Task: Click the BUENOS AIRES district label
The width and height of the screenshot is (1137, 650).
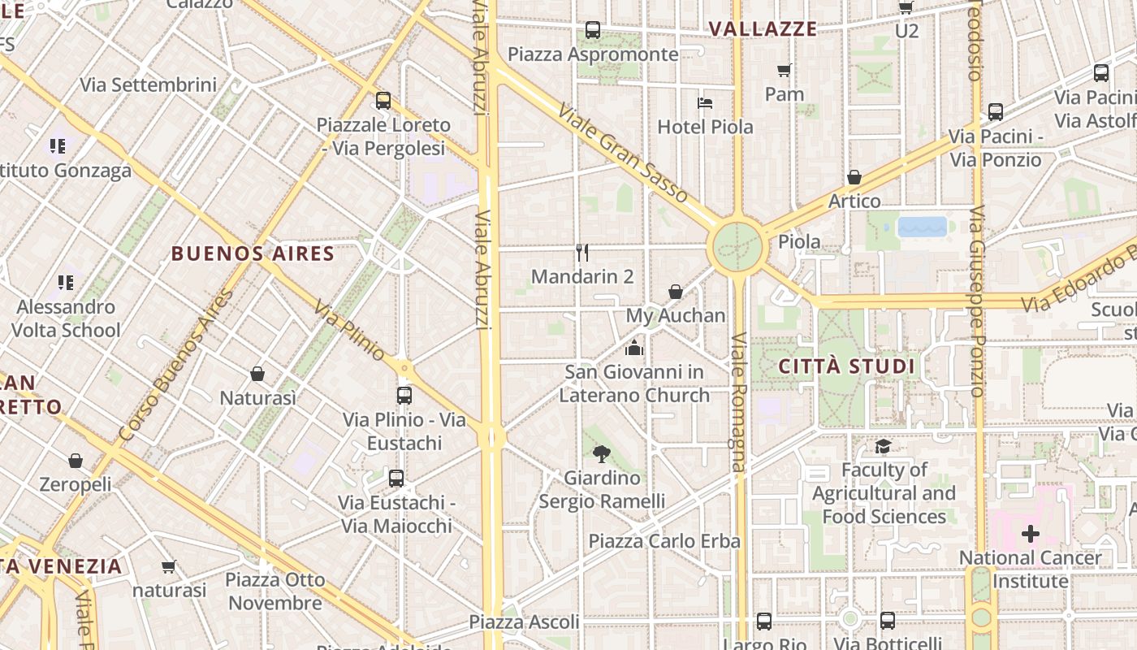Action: pos(253,253)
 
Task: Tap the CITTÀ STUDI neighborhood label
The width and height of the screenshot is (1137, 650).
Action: pos(847,366)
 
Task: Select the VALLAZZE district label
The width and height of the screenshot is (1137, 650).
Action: pos(763,29)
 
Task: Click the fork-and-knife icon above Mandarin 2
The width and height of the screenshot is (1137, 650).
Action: pos(581,253)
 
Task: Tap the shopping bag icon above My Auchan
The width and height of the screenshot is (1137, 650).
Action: pos(675,292)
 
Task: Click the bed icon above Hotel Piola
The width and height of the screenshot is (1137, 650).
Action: pos(705,103)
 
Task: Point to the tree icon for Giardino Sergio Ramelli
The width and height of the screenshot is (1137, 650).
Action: pos(602,454)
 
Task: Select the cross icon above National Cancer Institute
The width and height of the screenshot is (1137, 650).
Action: pos(1030,534)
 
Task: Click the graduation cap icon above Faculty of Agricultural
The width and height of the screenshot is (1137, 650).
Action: pos(883,446)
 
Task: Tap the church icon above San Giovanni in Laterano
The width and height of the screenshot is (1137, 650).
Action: pos(634,348)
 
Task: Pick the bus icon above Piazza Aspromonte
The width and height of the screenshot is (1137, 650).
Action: pos(593,31)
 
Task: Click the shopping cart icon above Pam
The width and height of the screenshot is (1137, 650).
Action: pos(784,71)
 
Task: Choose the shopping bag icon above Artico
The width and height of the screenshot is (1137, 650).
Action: pos(854,177)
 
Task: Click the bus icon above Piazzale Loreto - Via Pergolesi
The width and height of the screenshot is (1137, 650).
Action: pos(383,101)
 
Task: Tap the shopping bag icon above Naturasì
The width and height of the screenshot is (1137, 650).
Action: pos(257,374)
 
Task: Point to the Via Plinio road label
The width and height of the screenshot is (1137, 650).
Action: pos(349,331)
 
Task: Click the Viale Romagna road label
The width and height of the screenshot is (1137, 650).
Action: pos(737,401)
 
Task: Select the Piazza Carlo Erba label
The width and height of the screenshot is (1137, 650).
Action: pos(664,541)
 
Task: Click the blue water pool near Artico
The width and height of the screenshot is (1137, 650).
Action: pos(922,227)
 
